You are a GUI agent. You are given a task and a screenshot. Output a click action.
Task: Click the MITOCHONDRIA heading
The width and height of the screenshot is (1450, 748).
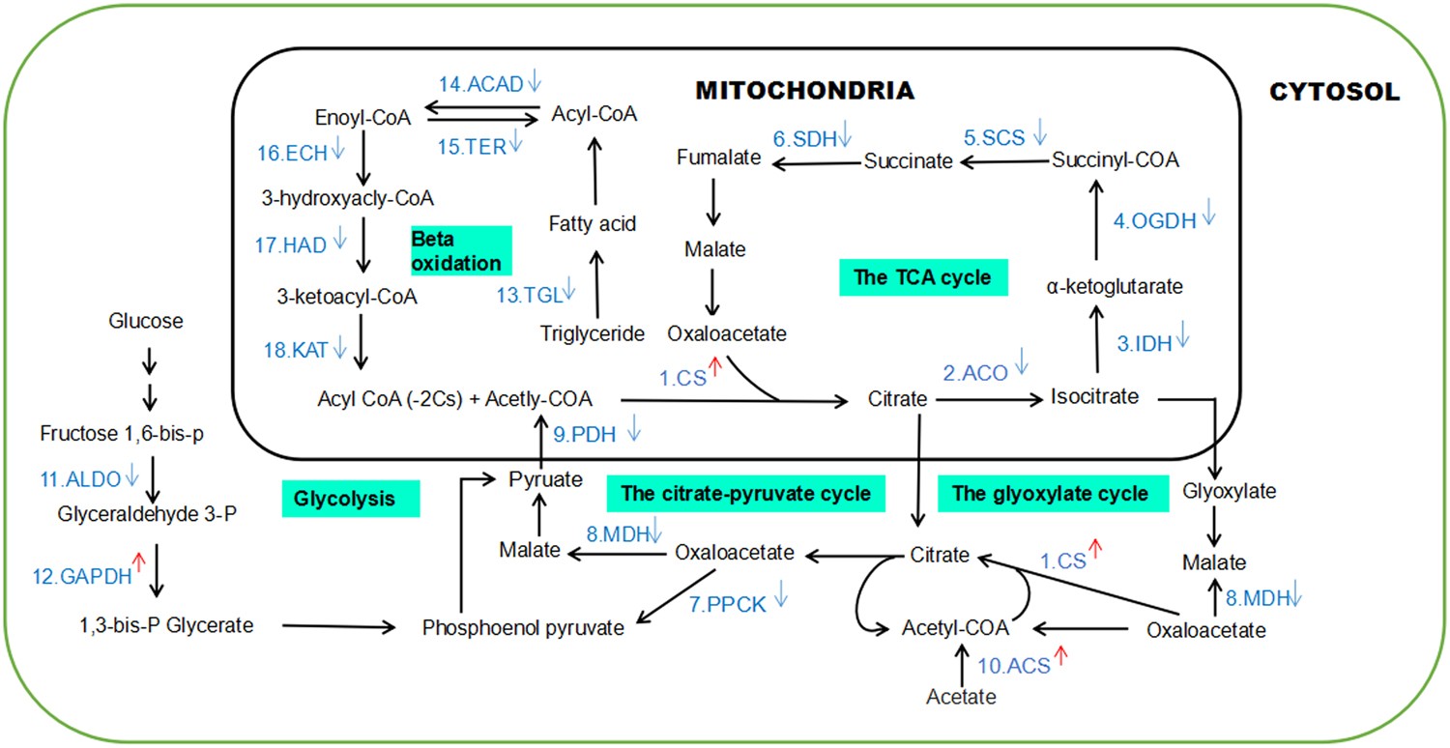pos(804,91)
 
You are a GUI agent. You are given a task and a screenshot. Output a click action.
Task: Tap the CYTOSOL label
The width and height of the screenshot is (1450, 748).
pos(1333,92)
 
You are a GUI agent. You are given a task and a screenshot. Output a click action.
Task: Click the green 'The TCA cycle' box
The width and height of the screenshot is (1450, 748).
pos(922,277)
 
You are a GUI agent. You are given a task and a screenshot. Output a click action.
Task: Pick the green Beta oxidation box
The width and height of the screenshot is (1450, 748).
pos(458,250)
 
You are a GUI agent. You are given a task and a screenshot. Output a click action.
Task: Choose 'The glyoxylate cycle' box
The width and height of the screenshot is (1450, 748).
pos(1050,494)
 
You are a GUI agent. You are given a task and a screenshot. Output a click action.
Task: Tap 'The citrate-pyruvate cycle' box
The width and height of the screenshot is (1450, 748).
pos(746,494)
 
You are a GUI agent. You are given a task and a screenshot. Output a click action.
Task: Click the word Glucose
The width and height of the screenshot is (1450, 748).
pos(145,320)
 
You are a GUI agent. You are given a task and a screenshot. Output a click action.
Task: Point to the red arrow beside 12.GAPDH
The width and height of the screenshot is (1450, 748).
pos(138,560)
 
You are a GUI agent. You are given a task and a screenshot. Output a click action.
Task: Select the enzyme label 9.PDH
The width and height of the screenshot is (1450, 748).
pos(584,435)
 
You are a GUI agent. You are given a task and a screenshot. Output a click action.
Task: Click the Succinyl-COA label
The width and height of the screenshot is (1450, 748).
pos(1116,159)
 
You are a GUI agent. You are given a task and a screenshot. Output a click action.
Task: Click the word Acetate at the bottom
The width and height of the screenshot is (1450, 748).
pos(960,695)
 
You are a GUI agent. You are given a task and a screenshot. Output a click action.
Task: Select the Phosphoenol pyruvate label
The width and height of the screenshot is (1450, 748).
pos(523,627)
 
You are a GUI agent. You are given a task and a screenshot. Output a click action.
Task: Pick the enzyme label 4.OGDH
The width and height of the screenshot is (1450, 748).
pos(1152,220)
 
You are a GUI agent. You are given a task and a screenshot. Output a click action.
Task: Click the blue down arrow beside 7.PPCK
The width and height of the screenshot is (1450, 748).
pos(780,598)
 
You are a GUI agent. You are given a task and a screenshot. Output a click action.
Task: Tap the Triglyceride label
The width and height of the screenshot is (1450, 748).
pos(593,334)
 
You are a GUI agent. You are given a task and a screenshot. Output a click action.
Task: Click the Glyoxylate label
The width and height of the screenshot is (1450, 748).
pos(1230,491)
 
